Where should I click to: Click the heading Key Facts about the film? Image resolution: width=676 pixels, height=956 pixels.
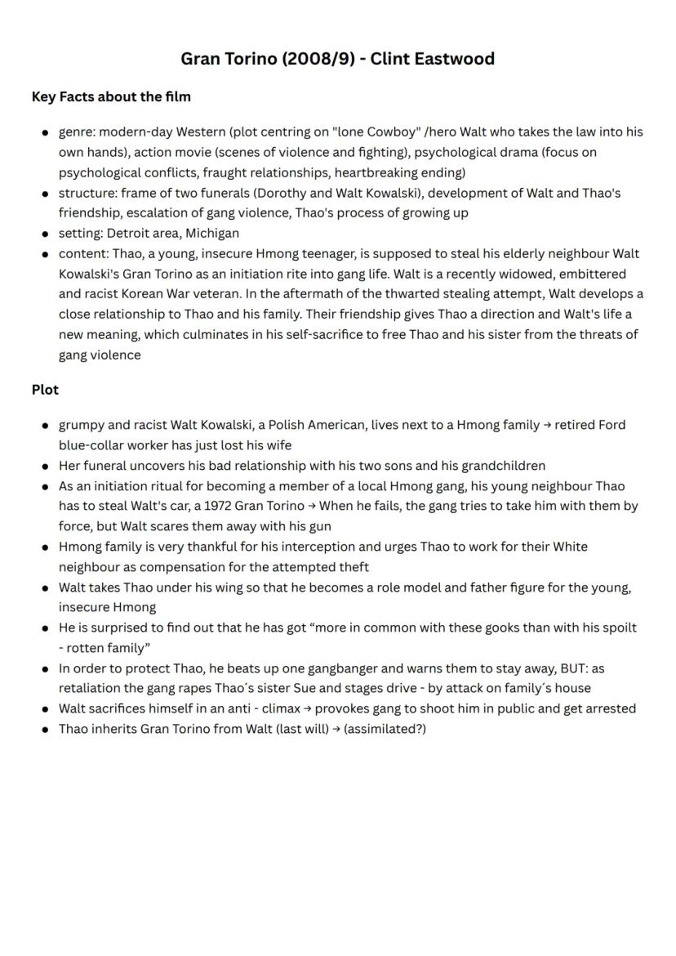point(111,96)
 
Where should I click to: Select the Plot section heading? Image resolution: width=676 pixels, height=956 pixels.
point(45,390)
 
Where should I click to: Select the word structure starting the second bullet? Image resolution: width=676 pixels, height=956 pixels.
point(87,193)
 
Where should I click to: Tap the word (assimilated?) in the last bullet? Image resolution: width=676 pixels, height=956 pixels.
point(385,729)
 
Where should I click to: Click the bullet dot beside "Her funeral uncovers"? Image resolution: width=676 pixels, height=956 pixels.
point(46,467)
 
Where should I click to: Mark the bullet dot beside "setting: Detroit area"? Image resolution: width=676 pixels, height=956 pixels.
point(46,234)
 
